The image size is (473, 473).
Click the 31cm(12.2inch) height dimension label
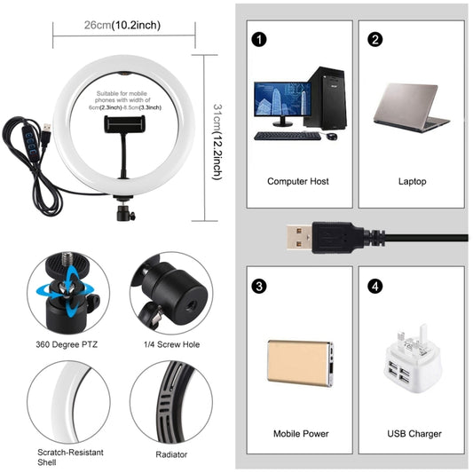[217, 140]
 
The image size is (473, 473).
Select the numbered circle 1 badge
[258, 39]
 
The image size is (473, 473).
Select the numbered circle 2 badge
[375, 39]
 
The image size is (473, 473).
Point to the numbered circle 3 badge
[258, 287]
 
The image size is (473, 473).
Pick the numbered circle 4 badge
[375, 287]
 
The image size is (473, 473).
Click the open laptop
[412, 111]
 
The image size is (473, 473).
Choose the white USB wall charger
[412, 359]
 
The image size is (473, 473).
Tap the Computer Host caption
[298, 181]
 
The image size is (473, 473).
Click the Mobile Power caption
[301, 433]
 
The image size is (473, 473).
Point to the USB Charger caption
[414, 433]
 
